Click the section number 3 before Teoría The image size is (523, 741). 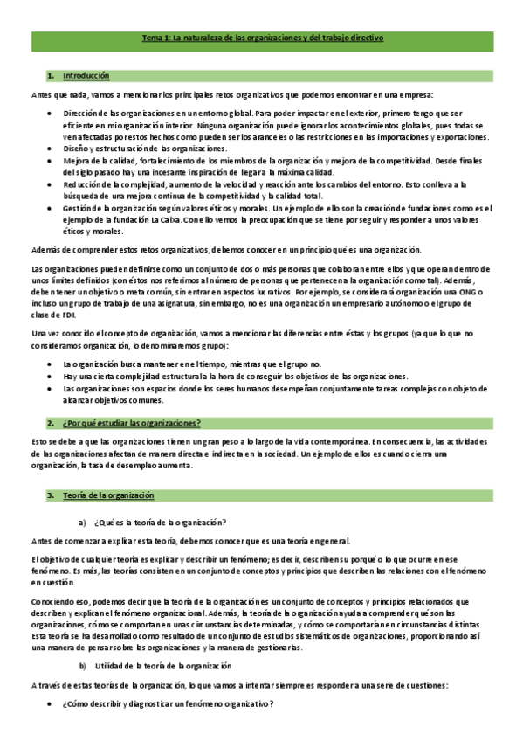pos(50,495)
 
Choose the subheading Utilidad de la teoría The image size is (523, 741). pos(162,665)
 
